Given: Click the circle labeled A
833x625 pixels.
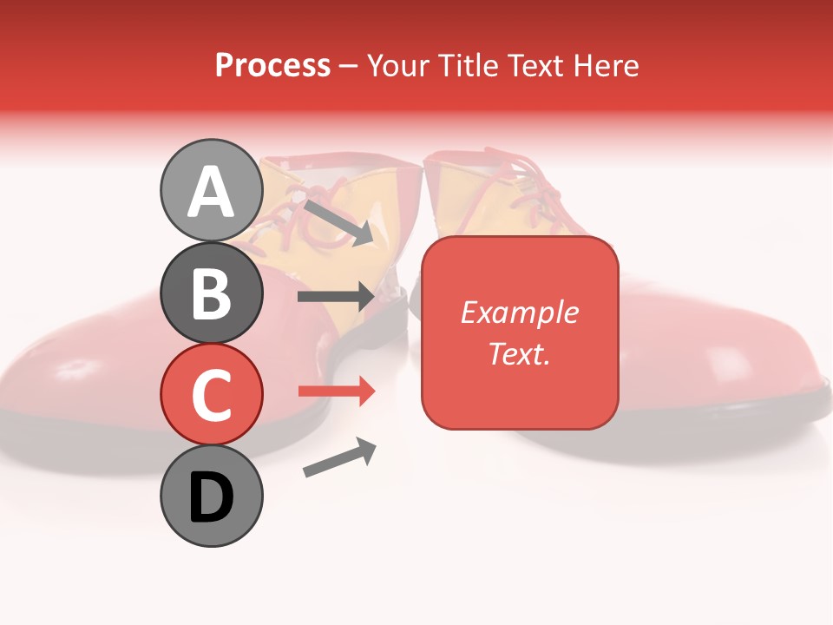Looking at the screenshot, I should pos(212,191).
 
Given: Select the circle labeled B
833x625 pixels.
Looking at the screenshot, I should pos(212,293).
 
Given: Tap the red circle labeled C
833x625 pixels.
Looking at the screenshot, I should pos(212,394).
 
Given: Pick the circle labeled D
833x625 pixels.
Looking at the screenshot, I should pos(212,496).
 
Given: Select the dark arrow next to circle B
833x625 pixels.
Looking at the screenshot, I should pos(336,297).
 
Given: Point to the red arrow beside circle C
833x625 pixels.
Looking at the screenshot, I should pos(337,391).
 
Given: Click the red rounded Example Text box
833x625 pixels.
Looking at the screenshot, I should pos(520,332).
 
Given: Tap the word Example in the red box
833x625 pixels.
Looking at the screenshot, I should pos(520,312).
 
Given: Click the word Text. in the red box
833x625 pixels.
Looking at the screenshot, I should pos(520,353).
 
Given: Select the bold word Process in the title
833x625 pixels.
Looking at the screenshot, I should pos(272,65).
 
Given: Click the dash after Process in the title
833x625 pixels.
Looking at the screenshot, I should pos(349,66).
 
